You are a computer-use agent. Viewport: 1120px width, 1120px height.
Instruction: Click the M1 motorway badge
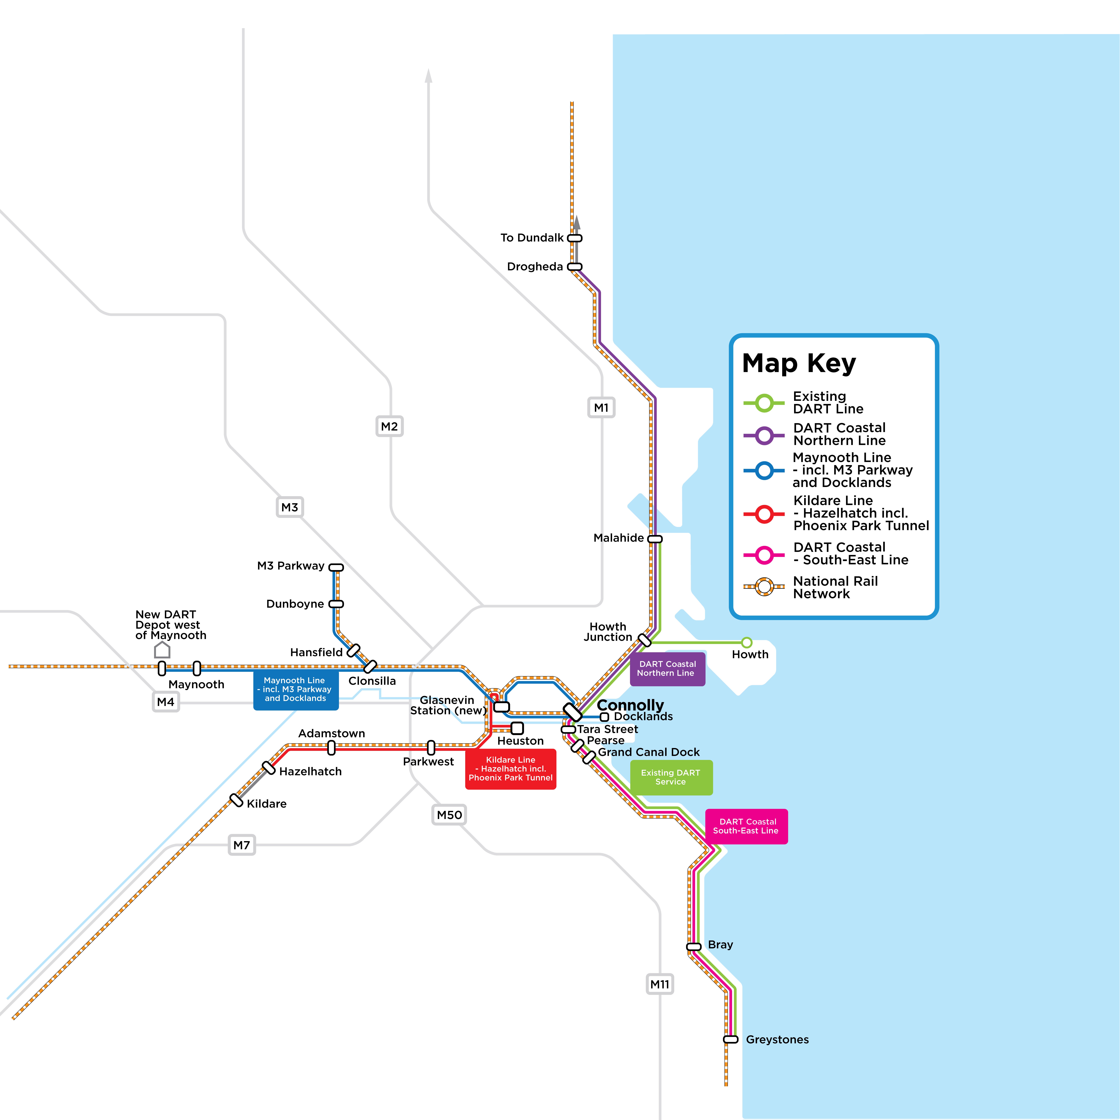(x=601, y=408)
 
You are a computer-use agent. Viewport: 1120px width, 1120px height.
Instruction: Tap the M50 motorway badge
(x=449, y=815)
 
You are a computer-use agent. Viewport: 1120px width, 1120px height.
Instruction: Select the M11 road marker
(x=660, y=984)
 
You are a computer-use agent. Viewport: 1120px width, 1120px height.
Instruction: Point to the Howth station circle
(x=747, y=642)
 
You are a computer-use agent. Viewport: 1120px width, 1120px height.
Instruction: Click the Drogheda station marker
(x=575, y=267)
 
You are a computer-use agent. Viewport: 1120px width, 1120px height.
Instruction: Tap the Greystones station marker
(x=731, y=1039)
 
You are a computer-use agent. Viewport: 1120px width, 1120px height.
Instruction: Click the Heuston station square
(x=517, y=728)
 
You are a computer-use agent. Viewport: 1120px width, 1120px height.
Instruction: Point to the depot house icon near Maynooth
(x=162, y=650)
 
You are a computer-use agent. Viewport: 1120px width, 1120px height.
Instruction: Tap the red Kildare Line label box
(x=511, y=769)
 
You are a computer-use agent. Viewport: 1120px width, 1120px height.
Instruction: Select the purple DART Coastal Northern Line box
(x=667, y=668)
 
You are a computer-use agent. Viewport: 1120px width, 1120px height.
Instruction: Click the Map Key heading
(x=799, y=363)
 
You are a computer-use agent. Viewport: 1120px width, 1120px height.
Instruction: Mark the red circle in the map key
(x=764, y=514)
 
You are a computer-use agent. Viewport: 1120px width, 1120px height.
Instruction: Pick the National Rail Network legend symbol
(x=764, y=587)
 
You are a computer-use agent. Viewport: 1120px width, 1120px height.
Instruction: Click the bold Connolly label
(x=630, y=705)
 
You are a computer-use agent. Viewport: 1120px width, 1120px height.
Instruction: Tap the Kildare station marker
(x=236, y=800)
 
